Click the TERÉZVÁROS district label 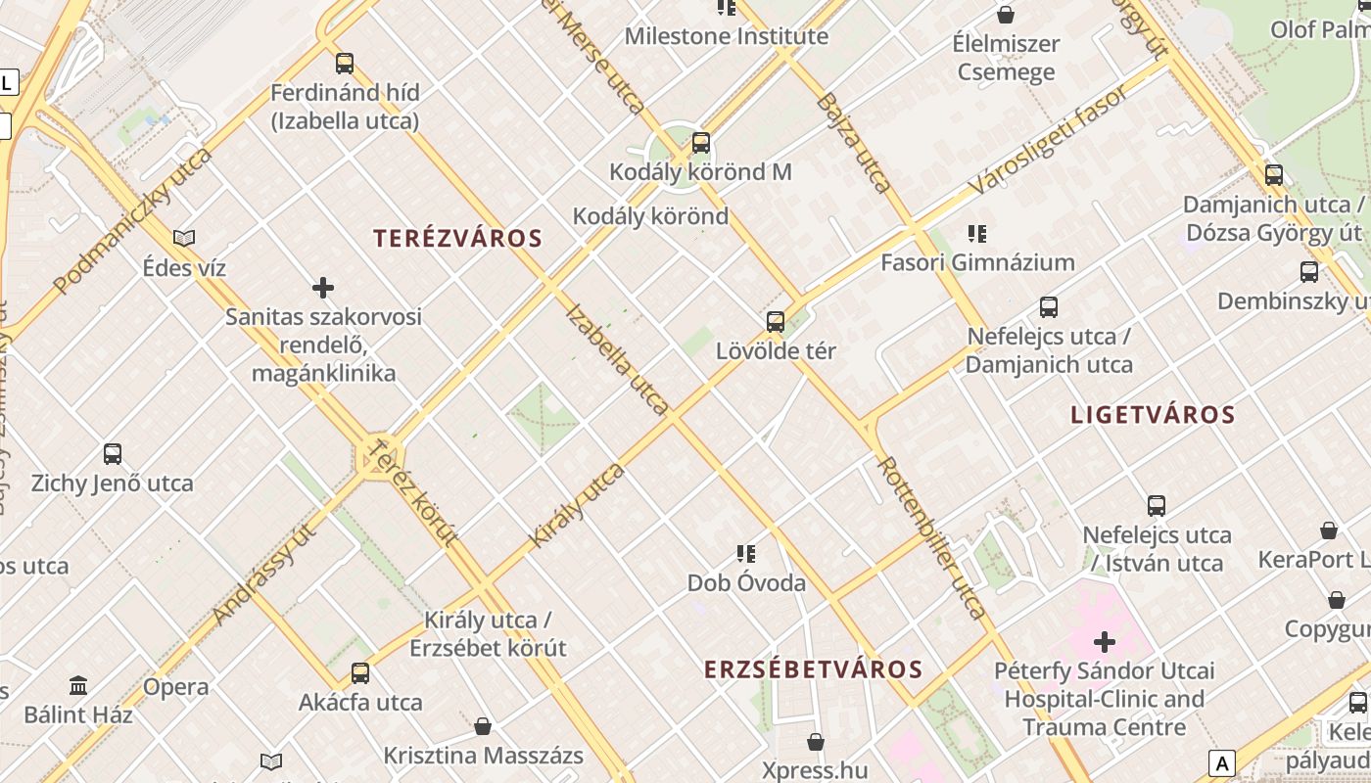pyautogui.click(x=457, y=238)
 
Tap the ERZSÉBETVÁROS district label pyautogui.click(x=813, y=669)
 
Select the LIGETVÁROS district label pyautogui.click(x=1153, y=414)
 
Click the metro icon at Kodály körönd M pyautogui.click(x=700, y=143)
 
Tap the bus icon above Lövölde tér pyautogui.click(x=775, y=321)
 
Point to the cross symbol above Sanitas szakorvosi pyautogui.click(x=323, y=288)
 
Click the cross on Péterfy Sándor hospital pyautogui.click(x=1105, y=642)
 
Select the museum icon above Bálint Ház pyautogui.click(x=78, y=685)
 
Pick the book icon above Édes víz pyautogui.click(x=183, y=238)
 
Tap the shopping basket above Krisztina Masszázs pyautogui.click(x=483, y=726)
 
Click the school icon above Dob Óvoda pyautogui.click(x=746, y=554)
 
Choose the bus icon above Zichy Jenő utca pyautogui.click(x=113, y=454)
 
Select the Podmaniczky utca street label pyautogui.click(x=133, y=221)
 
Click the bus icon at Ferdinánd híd pyautogui.click(x=345, y=64)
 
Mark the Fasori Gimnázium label pyautogui.click(x=976, y=262)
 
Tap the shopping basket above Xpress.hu pyautogui.click(x=815, y=743)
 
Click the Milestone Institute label pyautogui.click(x=726, y=37)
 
